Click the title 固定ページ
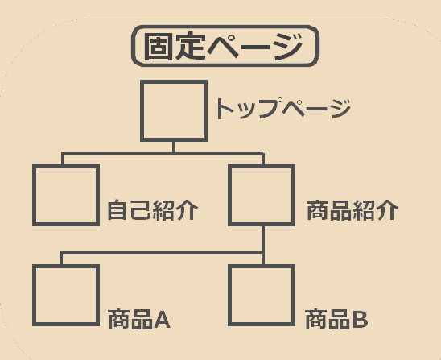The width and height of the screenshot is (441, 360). click(224, 46)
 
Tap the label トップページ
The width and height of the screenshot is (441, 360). click(283, 109)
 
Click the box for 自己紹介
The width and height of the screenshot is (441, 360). click(66, 167)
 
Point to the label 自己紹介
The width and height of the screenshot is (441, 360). click(153, 210)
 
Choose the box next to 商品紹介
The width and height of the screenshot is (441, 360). click(262, 167)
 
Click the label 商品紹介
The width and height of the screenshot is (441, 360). click(352, 210)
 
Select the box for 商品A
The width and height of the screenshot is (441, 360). click(66, 267)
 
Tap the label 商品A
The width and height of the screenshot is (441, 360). click(139, 319)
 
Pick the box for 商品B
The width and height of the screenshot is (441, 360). click(262, 267)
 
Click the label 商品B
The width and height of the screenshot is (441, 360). click(336, 319)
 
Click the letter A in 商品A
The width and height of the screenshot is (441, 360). click(162, 320)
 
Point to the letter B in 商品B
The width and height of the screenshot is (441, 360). click(360, 320)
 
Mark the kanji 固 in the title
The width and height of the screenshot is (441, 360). click(158, 46)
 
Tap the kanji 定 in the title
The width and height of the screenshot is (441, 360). click(190, 46)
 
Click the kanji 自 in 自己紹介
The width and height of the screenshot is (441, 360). click(117, 210)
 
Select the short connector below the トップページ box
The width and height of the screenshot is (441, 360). click(174, 147)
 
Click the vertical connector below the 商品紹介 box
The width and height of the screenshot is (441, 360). click(263, 245)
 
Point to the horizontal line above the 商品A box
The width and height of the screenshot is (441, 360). click(162, 253)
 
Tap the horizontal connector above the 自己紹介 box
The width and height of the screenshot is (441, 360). click(163, 154)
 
